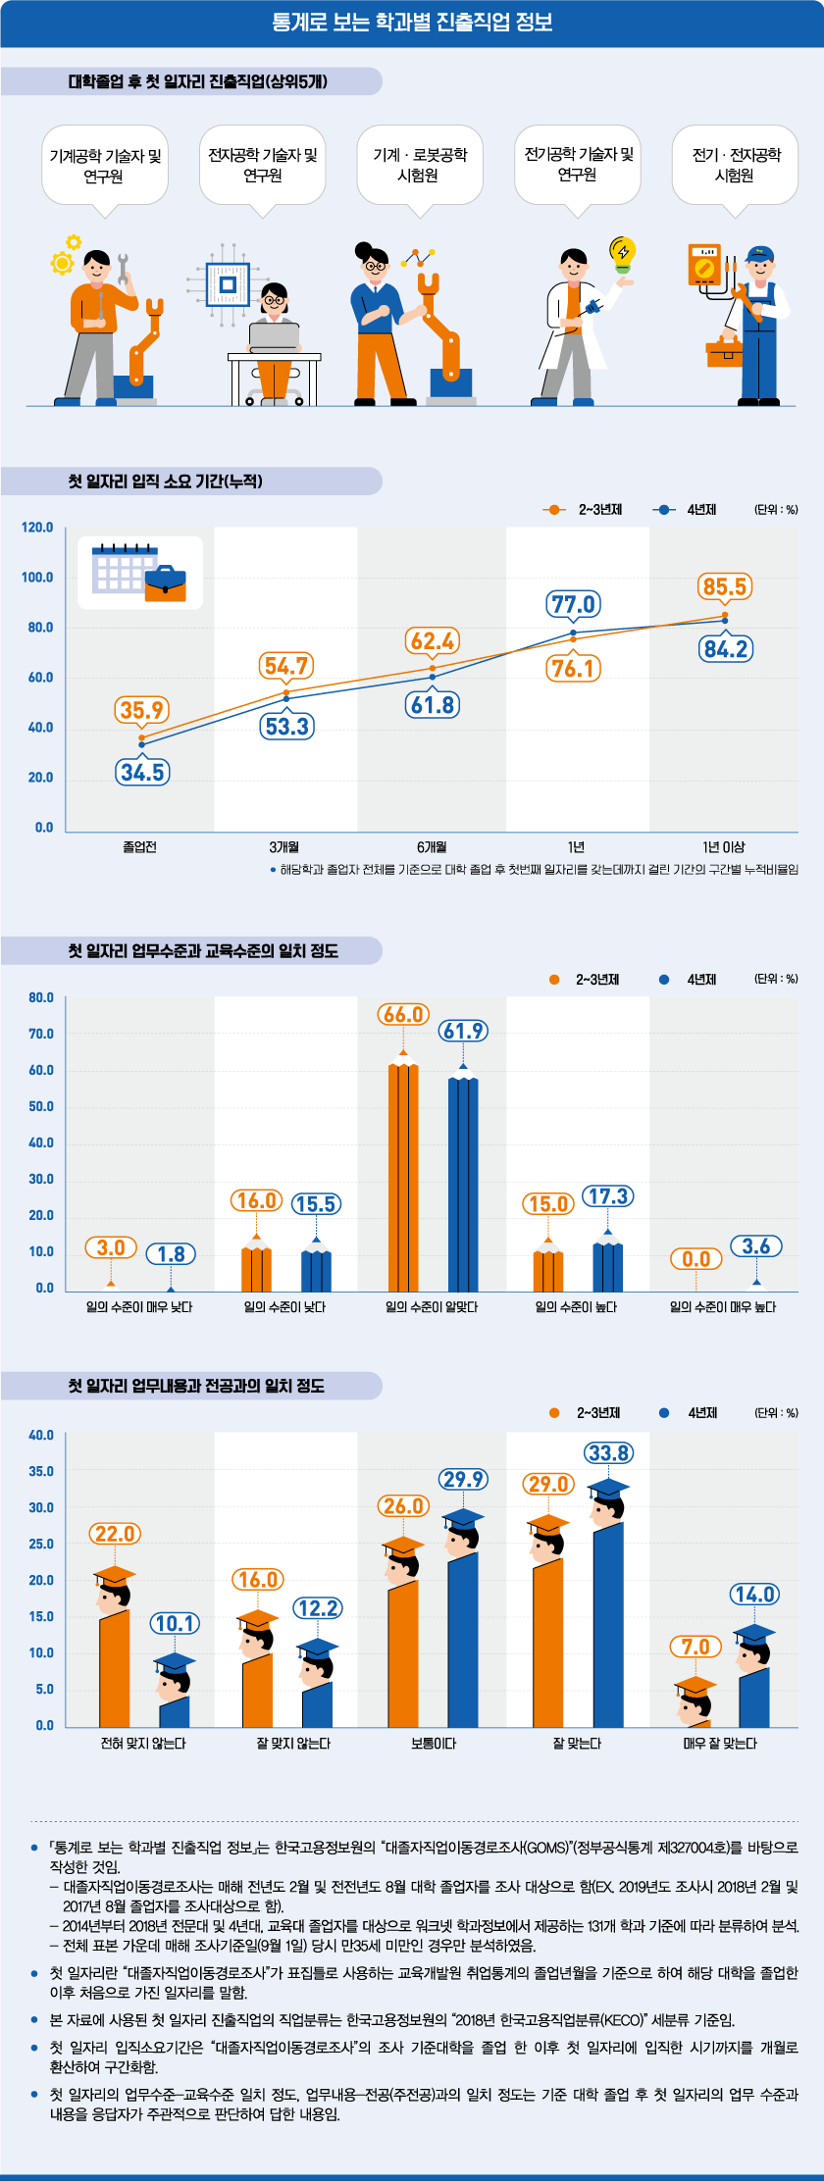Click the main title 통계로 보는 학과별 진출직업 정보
[x=412, y=22]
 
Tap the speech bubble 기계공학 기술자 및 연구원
[x=105, y=165]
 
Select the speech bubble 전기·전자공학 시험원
[x=735, y=165]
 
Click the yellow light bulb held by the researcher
[x=622, y=252]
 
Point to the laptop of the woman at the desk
[x=274, y=335]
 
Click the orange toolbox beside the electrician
[x=725, y=349]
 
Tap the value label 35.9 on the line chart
[x=142, y=710]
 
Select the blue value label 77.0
[x=574, y=604]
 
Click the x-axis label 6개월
[x=432, y=847]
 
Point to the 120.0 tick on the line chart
[x=38, y=528]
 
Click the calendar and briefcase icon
[x=140, y=572]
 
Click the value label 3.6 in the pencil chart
[x=756, y=1246]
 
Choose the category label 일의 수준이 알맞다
[x=432, y=1307]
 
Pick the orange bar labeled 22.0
[x=115, y=1667]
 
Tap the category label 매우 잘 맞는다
[x=720, y=1744]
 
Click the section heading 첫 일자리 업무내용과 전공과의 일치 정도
[x=196, y=1386]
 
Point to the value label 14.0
[x=754, y=1595]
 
